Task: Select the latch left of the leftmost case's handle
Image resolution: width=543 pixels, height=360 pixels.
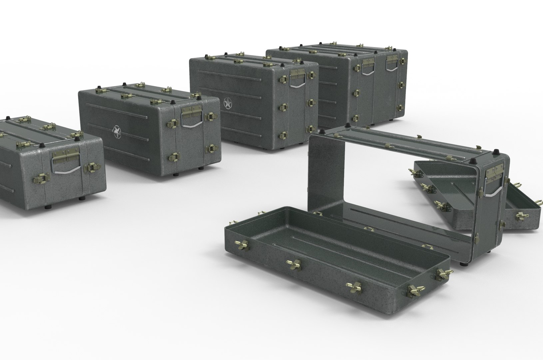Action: click(x=40, y=180)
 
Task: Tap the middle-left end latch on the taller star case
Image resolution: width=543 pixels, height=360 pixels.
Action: click(x=283, y=106)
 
